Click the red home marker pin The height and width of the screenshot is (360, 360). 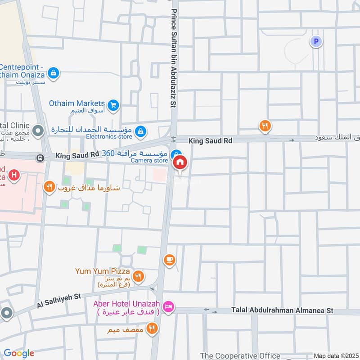(180, 162)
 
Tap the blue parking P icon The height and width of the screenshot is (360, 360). (316, 42)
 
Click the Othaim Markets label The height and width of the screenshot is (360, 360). (77, 103)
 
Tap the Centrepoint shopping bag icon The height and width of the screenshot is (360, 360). (54, 72)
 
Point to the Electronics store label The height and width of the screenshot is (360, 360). (109, 136)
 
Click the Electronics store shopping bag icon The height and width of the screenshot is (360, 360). (140, 131)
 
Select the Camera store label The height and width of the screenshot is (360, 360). (149, 160)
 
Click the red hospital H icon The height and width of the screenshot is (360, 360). (14, 175)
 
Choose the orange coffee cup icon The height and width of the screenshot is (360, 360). (169, 260)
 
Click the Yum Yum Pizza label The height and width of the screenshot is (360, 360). (103, 272)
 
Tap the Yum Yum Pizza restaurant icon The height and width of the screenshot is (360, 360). (138, 276)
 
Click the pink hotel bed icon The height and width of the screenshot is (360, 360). (169, 306)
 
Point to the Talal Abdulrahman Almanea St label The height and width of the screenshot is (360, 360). (282, 310)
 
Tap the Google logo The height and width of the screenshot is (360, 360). (18, 353)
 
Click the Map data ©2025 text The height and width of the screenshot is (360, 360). (336, 356)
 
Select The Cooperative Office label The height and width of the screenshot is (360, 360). (240, 356)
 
